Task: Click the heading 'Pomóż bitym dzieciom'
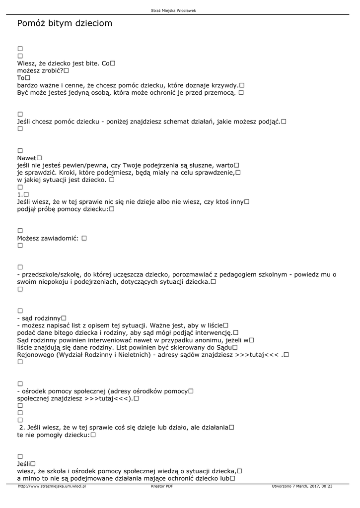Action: [x=65, y=23]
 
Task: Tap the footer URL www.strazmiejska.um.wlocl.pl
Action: [x=52, y=487]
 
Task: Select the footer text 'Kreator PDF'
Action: [x=162, y=487]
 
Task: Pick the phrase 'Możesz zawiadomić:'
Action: [x=48, y=238]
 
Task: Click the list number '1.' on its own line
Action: [x=20, y=195]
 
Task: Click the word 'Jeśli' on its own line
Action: [x=23, y=463]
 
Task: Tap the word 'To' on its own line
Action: [x=20, y=78]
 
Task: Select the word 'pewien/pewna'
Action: [x=79, y=165]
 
